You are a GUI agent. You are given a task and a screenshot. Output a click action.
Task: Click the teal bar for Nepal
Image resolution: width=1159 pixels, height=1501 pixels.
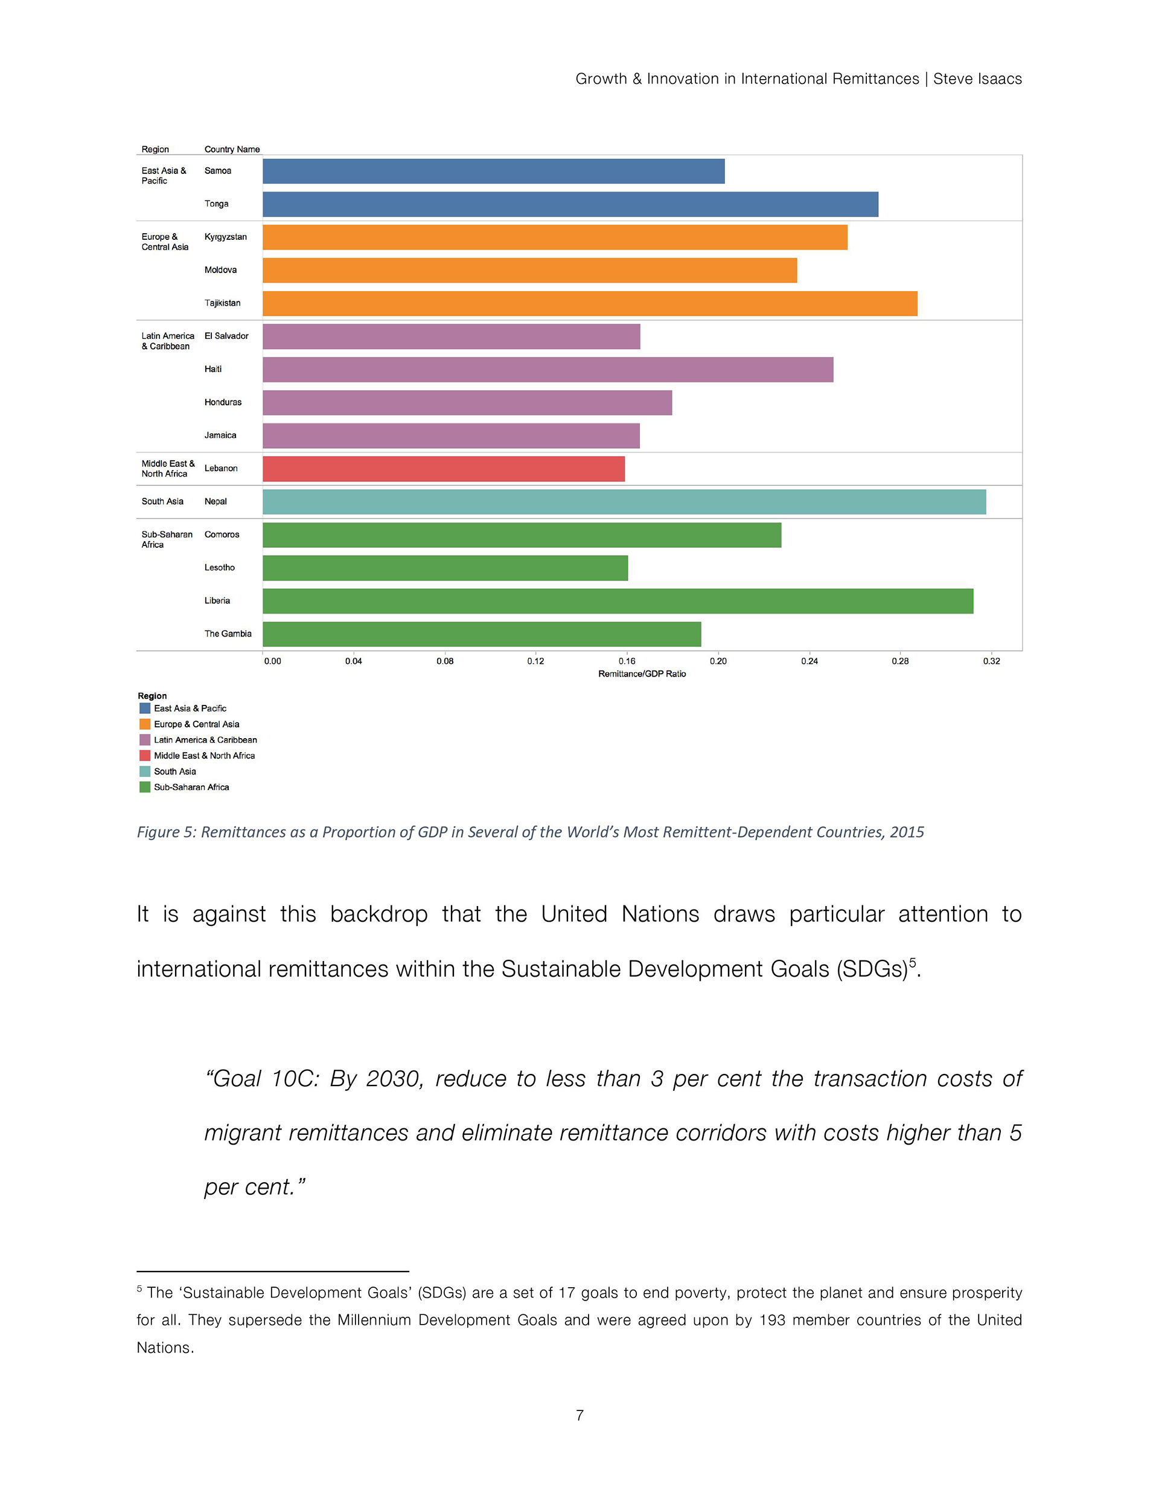tap(624, 502)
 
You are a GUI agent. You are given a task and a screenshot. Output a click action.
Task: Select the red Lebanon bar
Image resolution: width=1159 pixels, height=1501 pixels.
tap(443, 469)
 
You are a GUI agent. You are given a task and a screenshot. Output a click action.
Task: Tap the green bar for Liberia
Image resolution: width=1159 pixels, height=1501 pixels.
tap(618, 600)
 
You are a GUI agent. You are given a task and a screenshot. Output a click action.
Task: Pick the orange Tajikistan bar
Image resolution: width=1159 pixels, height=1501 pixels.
tap(590, 303)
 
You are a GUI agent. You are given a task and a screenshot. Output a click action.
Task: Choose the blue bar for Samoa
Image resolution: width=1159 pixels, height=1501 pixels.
tap(493, 171)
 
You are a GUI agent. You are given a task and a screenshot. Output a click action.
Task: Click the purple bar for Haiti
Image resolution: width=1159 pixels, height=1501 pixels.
tap(548, 370)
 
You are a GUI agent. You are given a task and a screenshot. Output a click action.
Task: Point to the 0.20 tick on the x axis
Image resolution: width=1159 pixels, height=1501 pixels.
tap(718, 661)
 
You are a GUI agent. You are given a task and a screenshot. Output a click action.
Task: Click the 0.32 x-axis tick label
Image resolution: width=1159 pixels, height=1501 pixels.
tap(991, 661)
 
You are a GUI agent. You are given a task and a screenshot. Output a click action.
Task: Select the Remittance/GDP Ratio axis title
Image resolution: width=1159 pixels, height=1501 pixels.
tap(642, 673)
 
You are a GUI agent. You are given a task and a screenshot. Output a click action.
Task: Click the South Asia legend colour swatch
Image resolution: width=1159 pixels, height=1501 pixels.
tap(145, 771)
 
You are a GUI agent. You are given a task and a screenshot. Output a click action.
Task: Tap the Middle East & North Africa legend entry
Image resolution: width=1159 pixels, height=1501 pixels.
tap(204, 755)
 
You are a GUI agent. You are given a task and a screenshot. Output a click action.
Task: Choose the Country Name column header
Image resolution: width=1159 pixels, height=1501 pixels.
tap(232, 149)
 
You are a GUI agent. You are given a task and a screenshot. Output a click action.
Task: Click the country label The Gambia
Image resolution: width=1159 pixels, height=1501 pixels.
tap(228, 634)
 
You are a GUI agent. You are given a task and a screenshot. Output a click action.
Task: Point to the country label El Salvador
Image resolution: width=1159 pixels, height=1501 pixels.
tap(226, 336)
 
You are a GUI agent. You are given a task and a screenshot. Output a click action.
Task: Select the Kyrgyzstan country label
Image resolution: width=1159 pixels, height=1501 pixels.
tap(225, 237)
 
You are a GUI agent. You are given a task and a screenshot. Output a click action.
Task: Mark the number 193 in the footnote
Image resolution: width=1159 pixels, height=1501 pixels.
tap(771, 1320)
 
